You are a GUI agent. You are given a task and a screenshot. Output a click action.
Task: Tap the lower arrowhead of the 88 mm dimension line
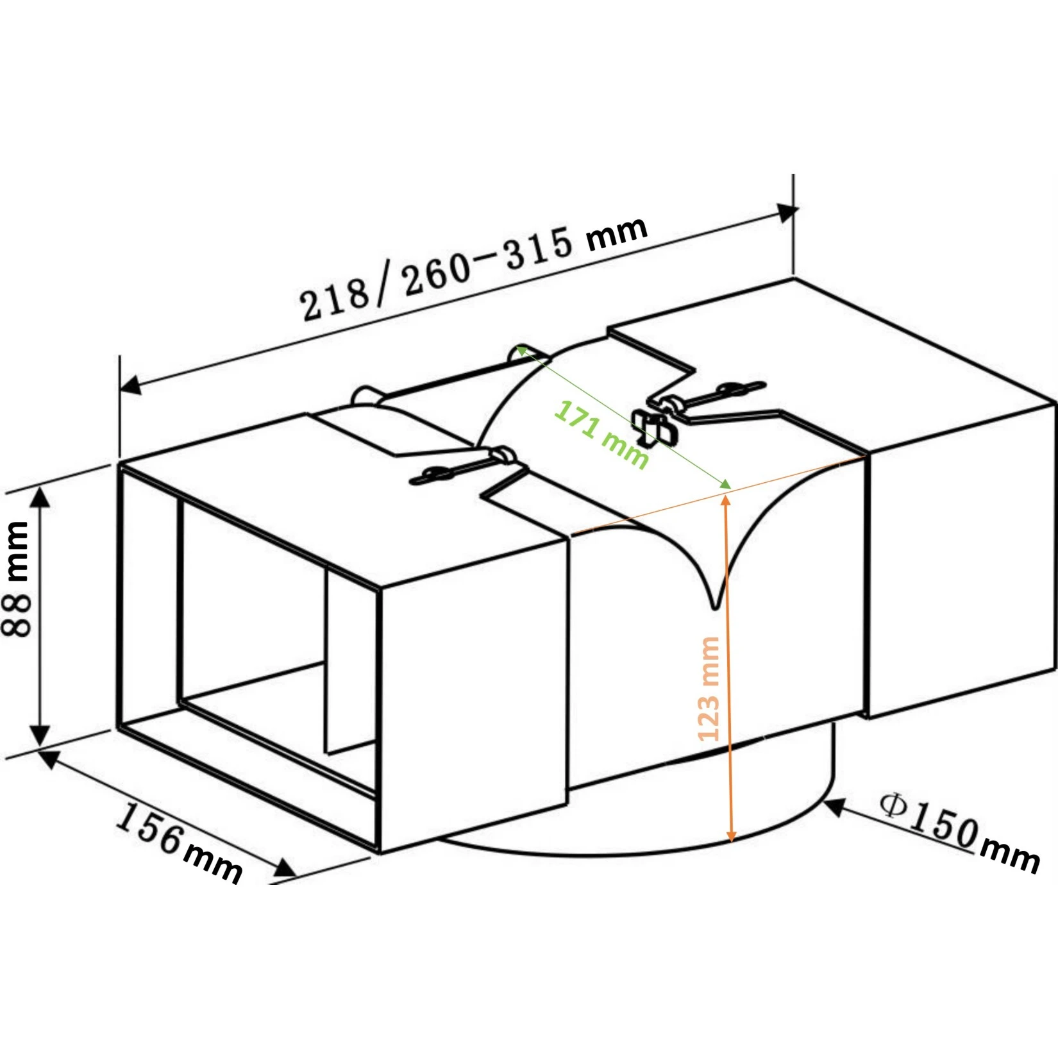[x=40, y=744]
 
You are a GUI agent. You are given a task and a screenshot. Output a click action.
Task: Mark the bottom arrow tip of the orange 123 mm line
[x=730, y=842]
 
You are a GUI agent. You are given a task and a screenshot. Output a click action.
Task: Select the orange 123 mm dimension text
[x=708, y=689]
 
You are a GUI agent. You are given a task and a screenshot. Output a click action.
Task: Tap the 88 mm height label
[x=17, y=579]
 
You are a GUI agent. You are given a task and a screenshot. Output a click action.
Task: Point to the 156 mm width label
[x=180, y=842]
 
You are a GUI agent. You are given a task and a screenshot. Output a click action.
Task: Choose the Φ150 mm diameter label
[x=959, y=832]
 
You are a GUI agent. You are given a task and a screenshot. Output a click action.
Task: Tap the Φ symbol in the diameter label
[x=893, y=805]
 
